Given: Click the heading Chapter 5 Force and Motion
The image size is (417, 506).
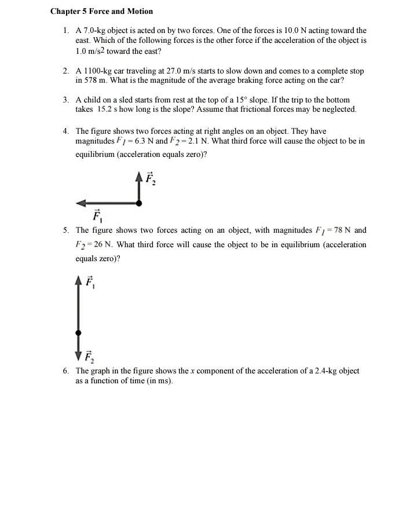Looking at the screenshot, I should pos(102,11).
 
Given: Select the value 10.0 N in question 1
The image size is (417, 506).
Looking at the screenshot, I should pos(306,30).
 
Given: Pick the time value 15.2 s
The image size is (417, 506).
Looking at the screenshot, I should pos(108,109).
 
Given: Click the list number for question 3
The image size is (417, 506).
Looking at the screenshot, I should pos(67,100).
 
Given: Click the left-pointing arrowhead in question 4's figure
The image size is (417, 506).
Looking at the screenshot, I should pos(81,203).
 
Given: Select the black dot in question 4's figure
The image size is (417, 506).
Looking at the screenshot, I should pos(139,203).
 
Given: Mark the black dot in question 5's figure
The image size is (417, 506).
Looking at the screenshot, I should pos(79,333).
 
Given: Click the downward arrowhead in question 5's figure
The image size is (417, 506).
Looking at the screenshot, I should pos(79,355).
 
